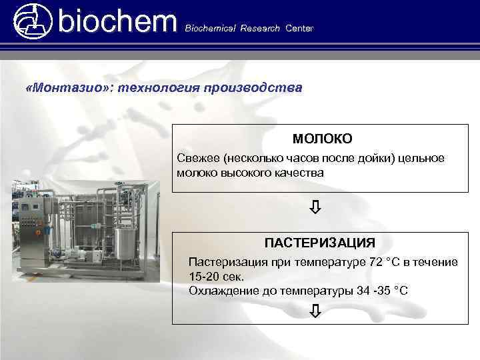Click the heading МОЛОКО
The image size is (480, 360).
pyautogui.click(x=322, y=139)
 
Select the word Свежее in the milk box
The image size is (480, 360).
pyautogui.click(x=199, y=159)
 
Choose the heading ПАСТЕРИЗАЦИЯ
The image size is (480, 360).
pyautogui.click(x=319, y=241)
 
